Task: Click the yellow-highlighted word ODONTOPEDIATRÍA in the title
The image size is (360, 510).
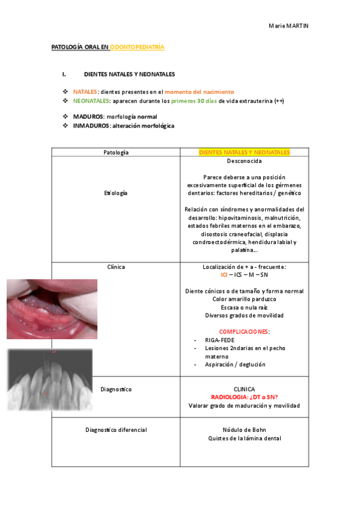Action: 136,46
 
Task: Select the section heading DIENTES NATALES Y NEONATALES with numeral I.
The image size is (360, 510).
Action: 129,75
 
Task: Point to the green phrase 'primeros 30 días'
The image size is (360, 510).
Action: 194,100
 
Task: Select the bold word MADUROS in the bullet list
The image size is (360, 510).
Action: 88,117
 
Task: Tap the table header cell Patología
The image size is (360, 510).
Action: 116,153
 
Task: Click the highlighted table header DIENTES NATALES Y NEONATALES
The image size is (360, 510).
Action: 244,153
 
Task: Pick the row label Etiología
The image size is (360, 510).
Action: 116,193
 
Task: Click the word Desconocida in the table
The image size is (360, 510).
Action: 244,162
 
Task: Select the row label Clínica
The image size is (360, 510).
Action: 116,266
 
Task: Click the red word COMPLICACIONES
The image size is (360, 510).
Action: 244,331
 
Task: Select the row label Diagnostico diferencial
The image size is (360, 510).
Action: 116,430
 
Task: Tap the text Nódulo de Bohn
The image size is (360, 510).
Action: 244,430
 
